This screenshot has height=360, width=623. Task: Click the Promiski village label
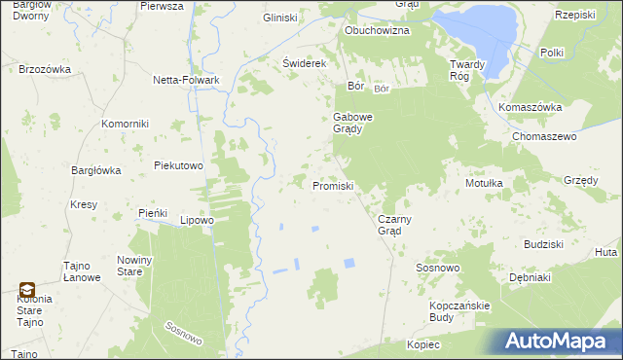coord(332,185)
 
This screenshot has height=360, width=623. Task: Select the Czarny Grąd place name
coord(396,225)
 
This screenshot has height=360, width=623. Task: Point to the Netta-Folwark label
coord(185,80)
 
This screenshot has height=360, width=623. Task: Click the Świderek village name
coord(303,63)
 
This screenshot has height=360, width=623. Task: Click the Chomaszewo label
coord(545,137)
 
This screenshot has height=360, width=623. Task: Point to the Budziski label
coord(544,244)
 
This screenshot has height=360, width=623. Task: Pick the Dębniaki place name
coord(531,277)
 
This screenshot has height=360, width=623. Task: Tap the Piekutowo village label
coord(178,165)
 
